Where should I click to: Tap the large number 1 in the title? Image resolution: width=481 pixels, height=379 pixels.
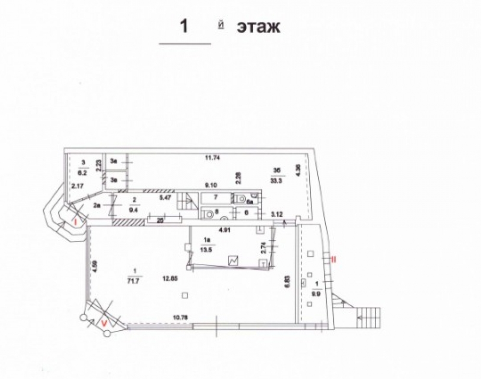click(184, 26)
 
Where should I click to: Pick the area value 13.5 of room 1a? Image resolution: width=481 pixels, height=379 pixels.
click(208, 249)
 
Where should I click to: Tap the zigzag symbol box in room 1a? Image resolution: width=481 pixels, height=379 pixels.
click(234, 261)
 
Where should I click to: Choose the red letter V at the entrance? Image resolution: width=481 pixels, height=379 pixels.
click(104, 323)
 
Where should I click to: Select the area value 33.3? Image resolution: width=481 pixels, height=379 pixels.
click(276, 176)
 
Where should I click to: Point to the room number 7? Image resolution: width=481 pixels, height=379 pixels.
click(215, 196)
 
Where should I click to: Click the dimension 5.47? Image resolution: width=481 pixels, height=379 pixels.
click(165, 198)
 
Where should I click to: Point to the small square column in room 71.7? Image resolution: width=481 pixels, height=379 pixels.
click(184, 295)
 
